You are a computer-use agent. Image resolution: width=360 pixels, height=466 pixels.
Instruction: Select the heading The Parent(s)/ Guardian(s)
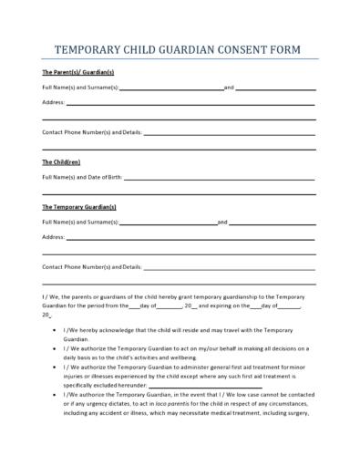(78, 71)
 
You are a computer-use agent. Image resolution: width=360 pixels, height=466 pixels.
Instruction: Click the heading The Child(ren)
(61, 161)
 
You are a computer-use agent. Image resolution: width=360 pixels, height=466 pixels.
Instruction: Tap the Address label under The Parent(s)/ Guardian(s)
(53, 102)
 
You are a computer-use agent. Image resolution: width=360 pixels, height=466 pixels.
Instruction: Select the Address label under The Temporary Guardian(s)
(53, 236)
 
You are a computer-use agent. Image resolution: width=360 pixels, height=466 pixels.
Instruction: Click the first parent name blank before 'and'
(171, 88)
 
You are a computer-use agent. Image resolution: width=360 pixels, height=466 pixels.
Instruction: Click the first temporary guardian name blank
(168, 223)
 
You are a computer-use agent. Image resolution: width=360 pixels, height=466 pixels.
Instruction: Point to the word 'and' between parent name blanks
(229, 87)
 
